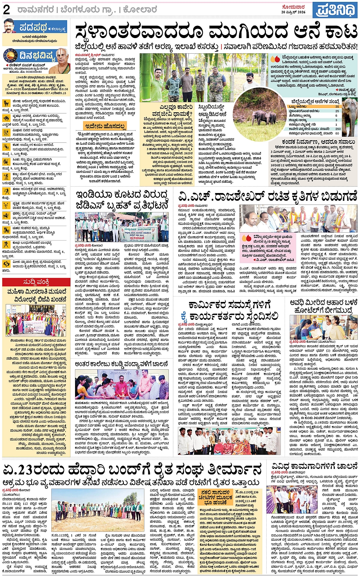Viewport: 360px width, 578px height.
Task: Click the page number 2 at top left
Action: [x=6, y=10]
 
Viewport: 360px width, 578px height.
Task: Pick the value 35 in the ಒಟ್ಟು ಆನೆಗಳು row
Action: [x=337, y=107]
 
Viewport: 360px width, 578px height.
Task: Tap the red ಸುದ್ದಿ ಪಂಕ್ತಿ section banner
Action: [x=35, y=282]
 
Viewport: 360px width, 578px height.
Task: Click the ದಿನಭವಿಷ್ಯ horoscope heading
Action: [x=37, y=56]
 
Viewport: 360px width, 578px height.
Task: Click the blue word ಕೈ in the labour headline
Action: [x=184, y=316]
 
